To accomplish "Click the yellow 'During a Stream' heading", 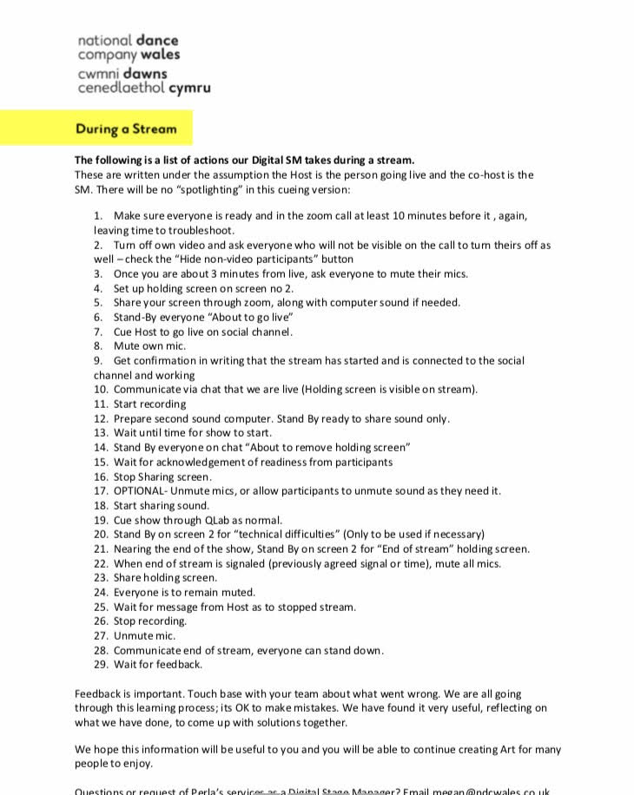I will tap(125, 129).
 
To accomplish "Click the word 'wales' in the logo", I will tap(161, 54).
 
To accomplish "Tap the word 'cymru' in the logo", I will tap(189, 88).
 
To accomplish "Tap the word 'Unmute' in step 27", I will tap(132, 636).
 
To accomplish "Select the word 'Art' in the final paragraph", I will tap(501, 749).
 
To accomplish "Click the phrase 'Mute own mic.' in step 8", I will tap(149, 346).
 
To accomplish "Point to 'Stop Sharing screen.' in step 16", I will tap(162, 476).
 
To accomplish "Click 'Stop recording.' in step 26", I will tap(150, 621).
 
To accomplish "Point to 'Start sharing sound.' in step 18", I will tap(162, 506).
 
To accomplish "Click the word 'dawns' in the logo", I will tap(145, 74).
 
